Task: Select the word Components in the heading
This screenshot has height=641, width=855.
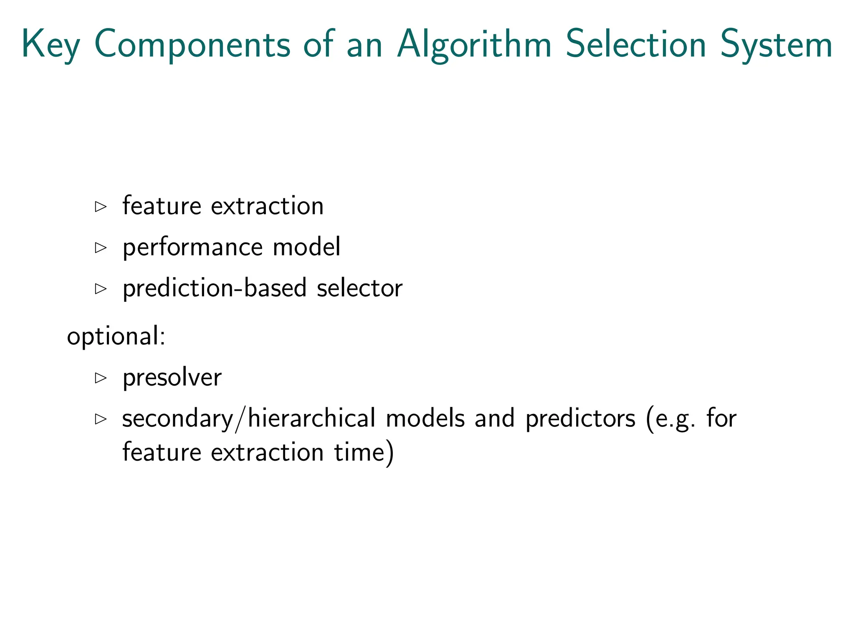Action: coord(192,44)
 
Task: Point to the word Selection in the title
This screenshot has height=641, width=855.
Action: coord(636,44)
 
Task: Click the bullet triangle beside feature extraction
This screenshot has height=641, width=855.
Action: coord(101,207)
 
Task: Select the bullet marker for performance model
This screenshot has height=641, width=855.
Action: coord(101,247)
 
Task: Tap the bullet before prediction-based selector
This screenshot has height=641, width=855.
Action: coord(101,288)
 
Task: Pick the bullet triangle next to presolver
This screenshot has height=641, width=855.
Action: coord(101,378)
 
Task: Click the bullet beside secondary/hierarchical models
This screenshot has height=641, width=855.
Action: coord(101,419)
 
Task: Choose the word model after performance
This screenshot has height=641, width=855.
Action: coord(306,247)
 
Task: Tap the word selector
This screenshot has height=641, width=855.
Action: coord(359,288)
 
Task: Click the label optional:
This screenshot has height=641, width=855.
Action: coord(116,336)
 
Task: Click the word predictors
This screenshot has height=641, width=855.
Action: coord(580,419)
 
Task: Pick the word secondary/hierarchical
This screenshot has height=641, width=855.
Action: coord(249,419)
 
